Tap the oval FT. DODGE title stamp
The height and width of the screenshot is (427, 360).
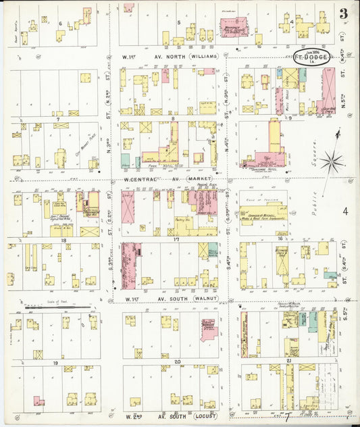point(312,57)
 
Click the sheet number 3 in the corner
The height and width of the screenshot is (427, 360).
point(344,13)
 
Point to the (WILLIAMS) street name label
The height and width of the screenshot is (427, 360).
point(203,57)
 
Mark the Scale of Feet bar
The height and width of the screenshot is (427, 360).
point(57,308)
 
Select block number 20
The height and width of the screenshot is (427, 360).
point(176,362)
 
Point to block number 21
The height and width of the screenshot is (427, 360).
point(288,362)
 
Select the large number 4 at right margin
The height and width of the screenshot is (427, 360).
point(344,212)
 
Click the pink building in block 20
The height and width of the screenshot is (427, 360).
point(209,330)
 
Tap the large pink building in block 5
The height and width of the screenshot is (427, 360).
point(235,28)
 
